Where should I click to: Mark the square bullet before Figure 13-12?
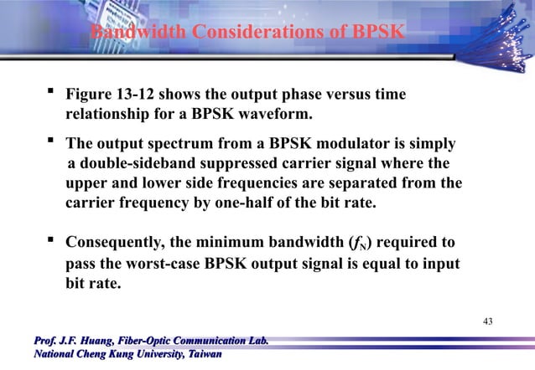(x=52, y=94)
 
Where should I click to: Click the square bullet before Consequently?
(x=52, y=242)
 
